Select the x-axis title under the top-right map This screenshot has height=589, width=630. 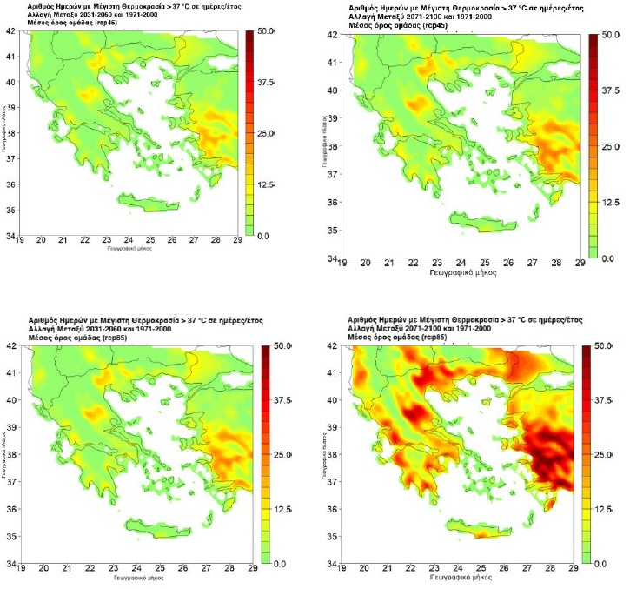[x=461, y=272]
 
